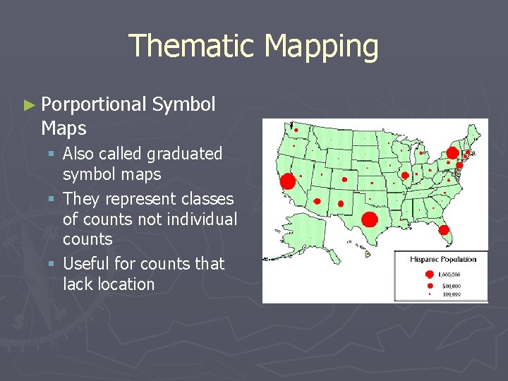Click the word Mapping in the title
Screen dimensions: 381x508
[x=321, y=47]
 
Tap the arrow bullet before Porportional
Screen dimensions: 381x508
[x=28, y=106]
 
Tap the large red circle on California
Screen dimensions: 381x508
[x=287, y=181]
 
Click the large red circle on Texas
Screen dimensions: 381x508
[x=368, y=219]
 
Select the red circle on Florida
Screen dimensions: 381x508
[x=444, y=229]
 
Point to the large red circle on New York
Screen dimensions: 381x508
[x=452, y=152]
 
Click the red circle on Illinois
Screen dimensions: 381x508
[x=405, y=175]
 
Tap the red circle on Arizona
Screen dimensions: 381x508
[x=317, y=201]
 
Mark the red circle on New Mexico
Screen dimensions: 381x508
[x=341, y=204]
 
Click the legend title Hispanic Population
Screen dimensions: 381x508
[x=443, y=260]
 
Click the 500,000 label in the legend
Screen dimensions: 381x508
[x=449, y=286]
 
